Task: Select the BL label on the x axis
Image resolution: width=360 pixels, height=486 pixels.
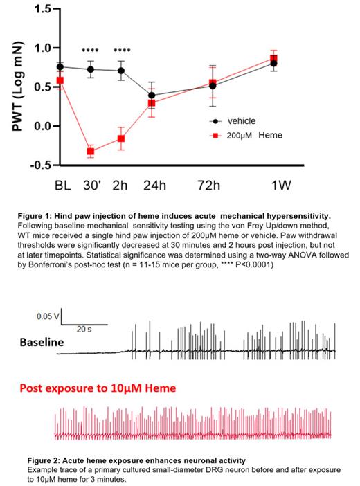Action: point(62,186)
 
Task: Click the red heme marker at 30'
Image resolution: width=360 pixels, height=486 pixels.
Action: point(91,151)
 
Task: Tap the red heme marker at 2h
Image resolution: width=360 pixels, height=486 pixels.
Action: point(121,138)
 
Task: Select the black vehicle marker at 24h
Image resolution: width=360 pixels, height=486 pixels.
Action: point(152,96)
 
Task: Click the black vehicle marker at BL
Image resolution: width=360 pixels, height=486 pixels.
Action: point(60,67)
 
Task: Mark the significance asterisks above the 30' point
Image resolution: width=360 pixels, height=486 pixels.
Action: point(91,51)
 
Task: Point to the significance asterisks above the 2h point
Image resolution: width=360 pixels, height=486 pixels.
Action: point(122,51)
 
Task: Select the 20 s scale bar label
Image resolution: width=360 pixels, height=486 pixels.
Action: point(84,330)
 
